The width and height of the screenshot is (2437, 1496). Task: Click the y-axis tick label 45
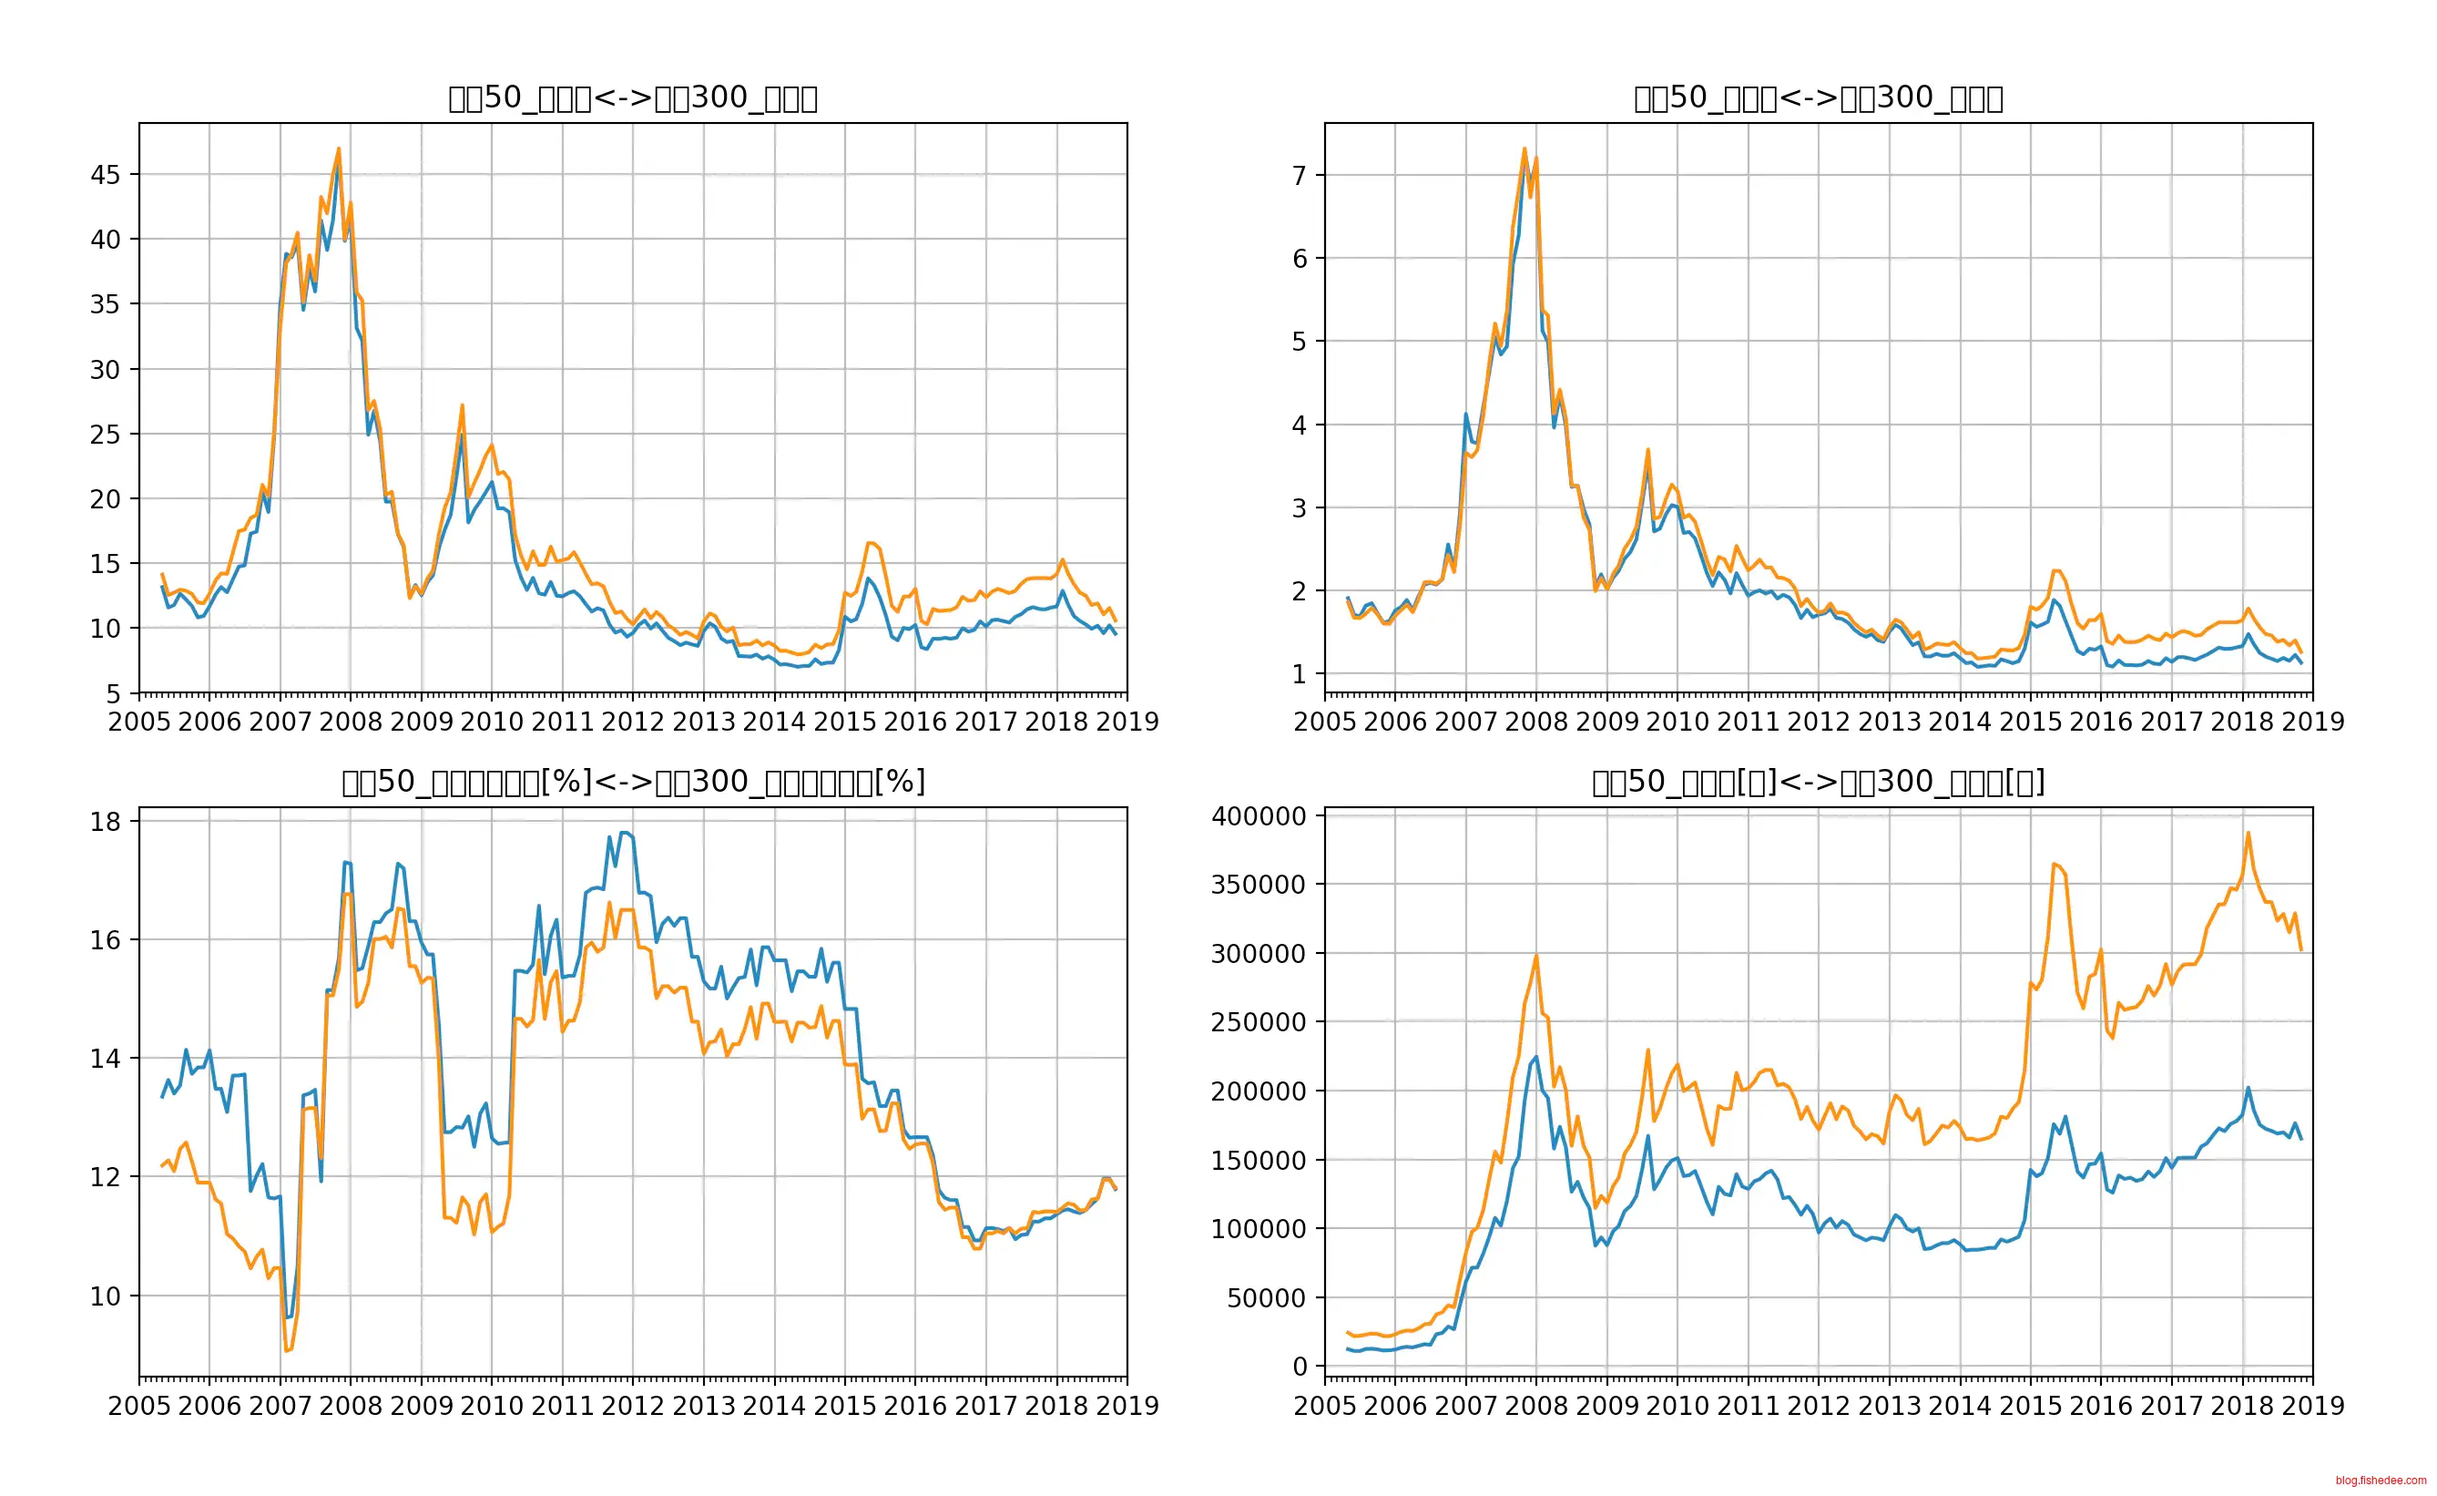[x=105, y=175]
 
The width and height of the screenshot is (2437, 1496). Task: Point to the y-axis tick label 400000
[x=1258, y=816]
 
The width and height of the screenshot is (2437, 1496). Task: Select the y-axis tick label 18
[x=105, y=821]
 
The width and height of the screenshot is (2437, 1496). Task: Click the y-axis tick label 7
[x=1299, y=175]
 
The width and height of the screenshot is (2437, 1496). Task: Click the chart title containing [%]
[x=633, y=782]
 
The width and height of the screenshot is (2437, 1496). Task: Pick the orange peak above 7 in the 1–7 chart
[x=1524, y=149]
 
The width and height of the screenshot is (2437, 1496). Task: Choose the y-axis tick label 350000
[x=1258, y=885]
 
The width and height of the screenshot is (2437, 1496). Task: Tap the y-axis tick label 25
[x=105, y=435]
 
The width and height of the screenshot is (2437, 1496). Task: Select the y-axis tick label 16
[x=105, y=940]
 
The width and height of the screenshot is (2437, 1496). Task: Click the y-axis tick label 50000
[x=1266, y=1297]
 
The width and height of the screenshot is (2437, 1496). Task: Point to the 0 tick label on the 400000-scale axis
[x=1300, y=1367]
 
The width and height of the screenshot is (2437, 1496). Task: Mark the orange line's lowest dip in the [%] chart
[x=286, y=1350]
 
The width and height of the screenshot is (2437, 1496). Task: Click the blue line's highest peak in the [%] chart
[x=623, y=833]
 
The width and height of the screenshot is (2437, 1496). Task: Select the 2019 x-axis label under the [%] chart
[x=1127, y=1406]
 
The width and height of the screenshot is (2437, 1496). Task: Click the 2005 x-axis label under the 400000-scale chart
[x=1324, y=1406]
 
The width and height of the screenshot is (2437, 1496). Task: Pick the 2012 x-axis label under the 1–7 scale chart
[x=1818, y=722]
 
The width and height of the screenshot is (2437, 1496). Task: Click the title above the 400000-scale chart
[x=1818, y=782]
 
